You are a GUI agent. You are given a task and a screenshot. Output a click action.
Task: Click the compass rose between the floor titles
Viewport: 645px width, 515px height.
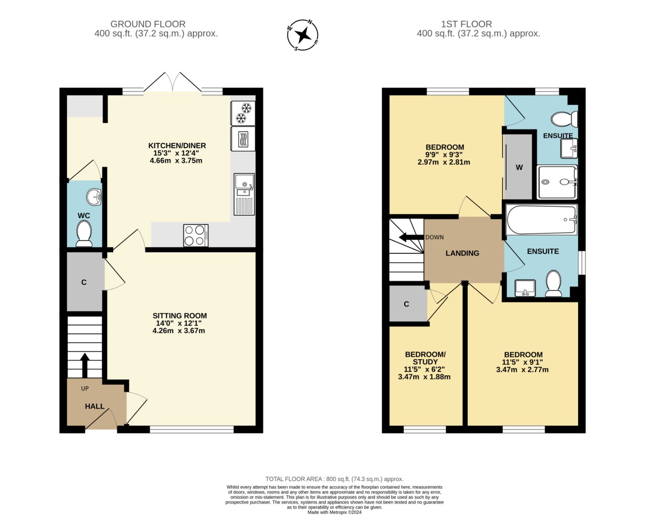[x=303, y=35]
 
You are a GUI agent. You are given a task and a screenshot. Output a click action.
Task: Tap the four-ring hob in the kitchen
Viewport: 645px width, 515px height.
[x=196, y=236]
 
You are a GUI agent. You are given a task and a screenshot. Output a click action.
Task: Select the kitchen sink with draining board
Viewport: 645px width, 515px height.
[x=244, y=194]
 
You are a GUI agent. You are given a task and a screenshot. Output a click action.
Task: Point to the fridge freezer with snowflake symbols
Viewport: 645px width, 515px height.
[x=243, y=113]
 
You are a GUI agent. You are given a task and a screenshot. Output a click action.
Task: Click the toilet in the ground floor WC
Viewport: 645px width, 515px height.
[x=84, y=234]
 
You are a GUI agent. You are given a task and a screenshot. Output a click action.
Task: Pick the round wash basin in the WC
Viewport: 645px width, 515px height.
[x=94, y=197]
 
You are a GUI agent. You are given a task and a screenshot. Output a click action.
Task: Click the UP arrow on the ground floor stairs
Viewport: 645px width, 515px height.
[x=85, y=365]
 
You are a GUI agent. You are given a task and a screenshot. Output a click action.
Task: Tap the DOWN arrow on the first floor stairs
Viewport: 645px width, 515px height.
[x=411, y=237]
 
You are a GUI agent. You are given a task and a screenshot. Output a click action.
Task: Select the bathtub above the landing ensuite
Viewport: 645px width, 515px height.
[x=541, y=219]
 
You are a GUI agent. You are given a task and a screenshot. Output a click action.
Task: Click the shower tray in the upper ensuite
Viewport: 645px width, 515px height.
[x=557, y=182]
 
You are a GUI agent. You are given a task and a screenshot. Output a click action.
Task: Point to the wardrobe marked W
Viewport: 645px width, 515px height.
[x=518, y=167]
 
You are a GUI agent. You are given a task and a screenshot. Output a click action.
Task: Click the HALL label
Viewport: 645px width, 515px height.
[x=95, y=406]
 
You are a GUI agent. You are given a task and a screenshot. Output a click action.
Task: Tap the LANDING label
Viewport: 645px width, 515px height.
[x=462, y=253]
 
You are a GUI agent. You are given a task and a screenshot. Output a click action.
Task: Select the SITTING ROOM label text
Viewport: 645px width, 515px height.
[x=179, y=315]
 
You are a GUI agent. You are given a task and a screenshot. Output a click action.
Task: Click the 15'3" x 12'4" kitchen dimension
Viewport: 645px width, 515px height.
[x=176, y=153]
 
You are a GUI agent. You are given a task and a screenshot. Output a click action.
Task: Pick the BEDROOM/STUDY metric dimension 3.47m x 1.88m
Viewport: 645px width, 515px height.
[x=424, y=377]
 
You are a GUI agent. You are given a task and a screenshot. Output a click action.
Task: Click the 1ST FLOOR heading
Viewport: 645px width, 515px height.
[x=466, y=24]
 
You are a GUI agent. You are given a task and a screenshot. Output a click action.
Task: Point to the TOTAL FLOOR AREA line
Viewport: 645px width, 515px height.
[x=335, y=479]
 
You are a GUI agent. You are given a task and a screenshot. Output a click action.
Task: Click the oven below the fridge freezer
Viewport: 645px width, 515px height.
[x=243, y=139]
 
